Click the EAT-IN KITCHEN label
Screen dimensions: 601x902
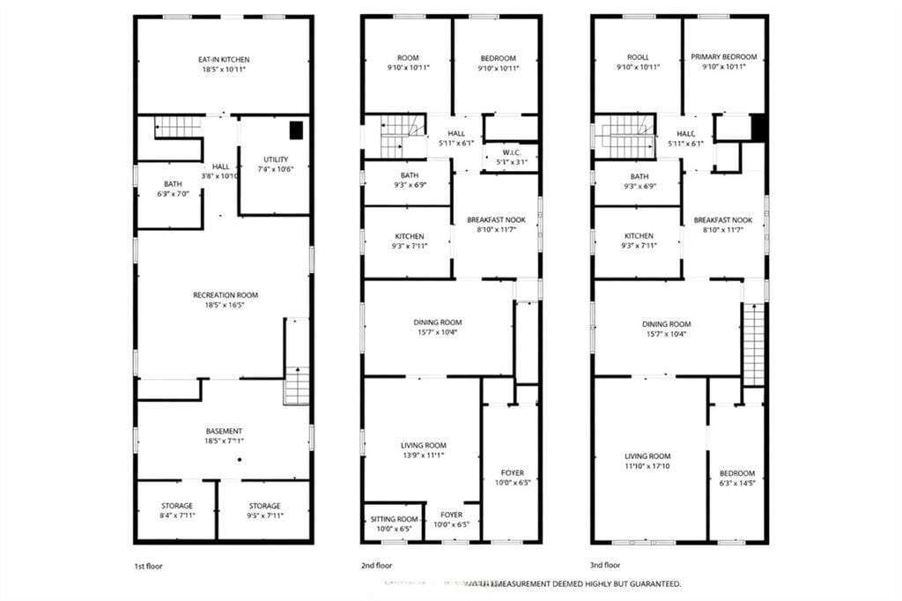(x=222, y=59)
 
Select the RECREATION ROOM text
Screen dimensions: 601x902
(x=225, y=295)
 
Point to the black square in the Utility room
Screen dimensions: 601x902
(x=298, y=130)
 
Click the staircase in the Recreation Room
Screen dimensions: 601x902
(x=297, y=385)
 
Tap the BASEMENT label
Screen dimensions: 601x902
(x=225, y=431)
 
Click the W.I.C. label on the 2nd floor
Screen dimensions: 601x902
(x=510, y=151)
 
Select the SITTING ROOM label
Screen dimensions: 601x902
(x=394, y=519)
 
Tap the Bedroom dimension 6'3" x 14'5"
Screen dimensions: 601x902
(x=736, y=483)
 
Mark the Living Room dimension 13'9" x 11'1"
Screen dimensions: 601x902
(x=423, y=456)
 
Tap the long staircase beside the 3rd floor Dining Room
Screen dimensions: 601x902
(x=754, y=345)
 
